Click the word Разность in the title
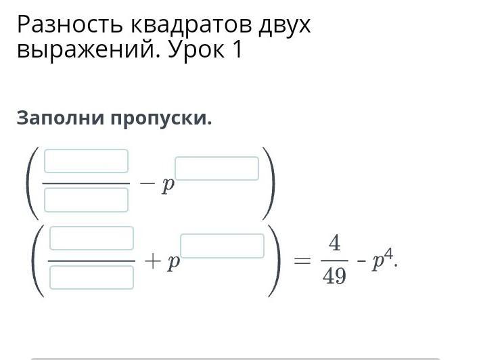(67, 25)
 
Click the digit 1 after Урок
(236, 51)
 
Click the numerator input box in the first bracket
(86, 161)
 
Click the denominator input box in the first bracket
(86, 200)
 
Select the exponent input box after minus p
(217, 168)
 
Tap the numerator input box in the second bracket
(91, 238)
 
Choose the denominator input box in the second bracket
(91, 277)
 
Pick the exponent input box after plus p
(223, 246)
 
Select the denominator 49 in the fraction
(335, 276)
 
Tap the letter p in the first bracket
(166, 186)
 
